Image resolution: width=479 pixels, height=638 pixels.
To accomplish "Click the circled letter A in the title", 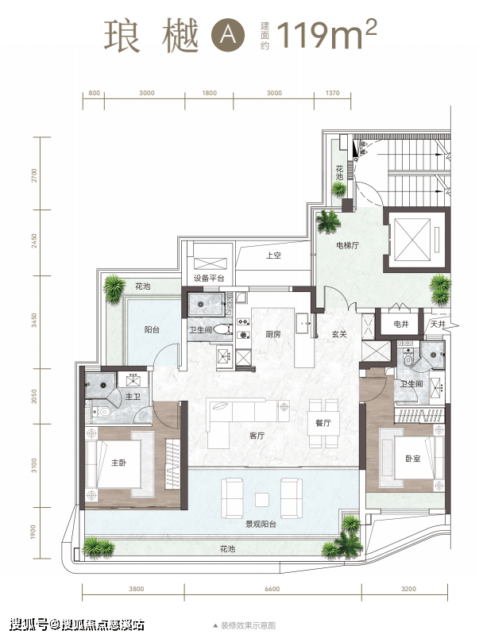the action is tap(228, 35).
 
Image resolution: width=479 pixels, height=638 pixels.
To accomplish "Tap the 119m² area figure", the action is tap(326, 34).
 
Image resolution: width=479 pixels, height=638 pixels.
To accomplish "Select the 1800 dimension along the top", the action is tap(210, 93).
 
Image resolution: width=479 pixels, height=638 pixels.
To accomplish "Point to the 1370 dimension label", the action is tap(332, 93).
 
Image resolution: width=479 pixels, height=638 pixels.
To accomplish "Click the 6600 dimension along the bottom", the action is tap(272, 589).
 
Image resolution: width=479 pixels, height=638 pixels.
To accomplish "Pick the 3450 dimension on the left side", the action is tap(34, 321).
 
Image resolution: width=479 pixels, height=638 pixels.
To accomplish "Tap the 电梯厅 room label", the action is tap(347, 245).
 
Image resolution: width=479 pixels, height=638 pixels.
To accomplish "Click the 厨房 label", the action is tap(273, 334).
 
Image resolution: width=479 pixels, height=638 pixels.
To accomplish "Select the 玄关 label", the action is tap(339, 334).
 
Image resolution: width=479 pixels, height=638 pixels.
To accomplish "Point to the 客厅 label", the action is tap(257, 436).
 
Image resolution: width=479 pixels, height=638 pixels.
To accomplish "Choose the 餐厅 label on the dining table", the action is tap(323, 423).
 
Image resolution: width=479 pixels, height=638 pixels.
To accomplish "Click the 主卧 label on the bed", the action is tap(119, 463).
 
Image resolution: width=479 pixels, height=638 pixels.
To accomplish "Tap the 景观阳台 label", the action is tap(261, 525).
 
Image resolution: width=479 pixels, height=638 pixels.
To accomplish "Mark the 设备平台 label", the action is tap(209, 279).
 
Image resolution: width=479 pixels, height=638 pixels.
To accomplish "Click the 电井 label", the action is tap(401, 325).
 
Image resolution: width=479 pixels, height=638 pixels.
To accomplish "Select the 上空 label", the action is tap(273, 256).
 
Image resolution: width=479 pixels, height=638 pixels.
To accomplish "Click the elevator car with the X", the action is tap(412, 240).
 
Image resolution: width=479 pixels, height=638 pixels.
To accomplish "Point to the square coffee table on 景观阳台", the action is tap(262, 500).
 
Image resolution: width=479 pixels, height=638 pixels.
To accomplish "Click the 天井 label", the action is tap(438, 325).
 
